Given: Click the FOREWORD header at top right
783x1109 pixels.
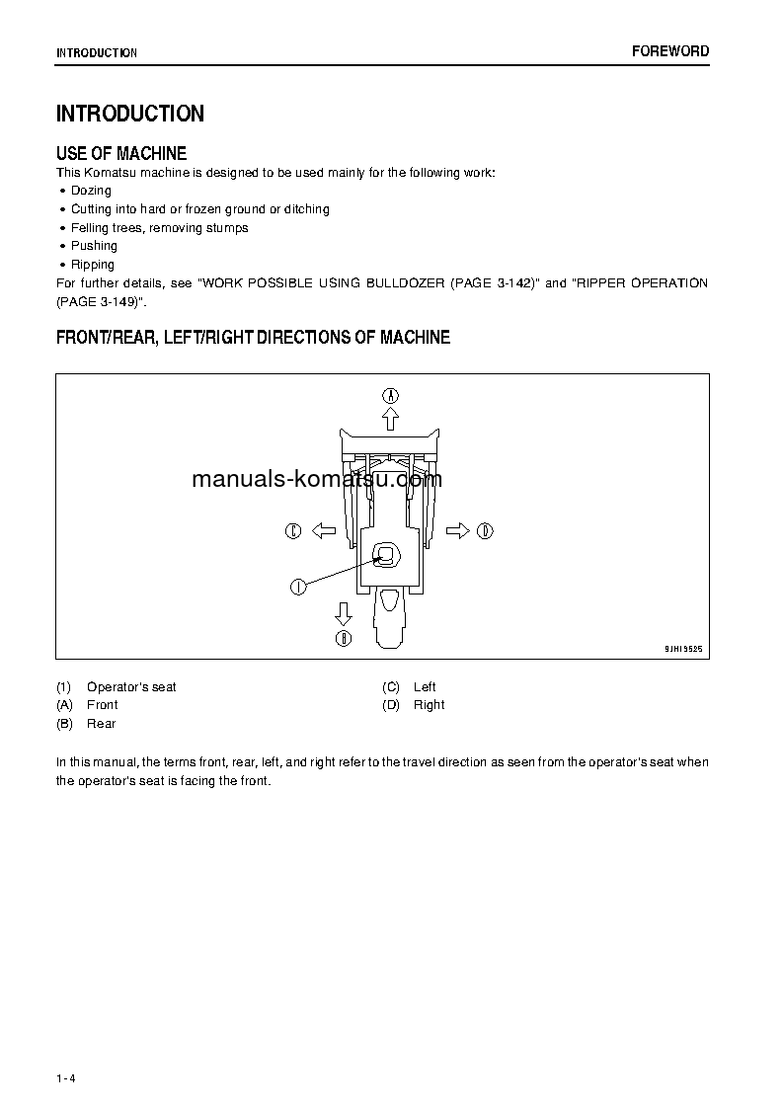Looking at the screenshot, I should [670, 51].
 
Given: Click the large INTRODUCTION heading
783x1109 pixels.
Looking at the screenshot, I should [130, 114].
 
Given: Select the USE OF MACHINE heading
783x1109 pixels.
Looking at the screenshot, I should [121, 153].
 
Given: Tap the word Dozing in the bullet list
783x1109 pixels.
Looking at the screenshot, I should [91, 191].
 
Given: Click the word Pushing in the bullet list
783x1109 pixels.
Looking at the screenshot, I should [94, 246].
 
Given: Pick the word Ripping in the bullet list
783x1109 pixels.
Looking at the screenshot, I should [93, 265].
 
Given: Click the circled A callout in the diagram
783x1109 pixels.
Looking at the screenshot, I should [391, 395].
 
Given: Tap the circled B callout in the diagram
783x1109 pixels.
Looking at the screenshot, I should [344, 638].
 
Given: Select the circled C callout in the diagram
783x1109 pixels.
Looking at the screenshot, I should [293, 531].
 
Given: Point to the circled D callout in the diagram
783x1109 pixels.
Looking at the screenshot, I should [485, 531].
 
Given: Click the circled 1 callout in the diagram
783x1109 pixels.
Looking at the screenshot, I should [296, 587].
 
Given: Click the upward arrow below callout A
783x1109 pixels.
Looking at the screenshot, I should [391, 419].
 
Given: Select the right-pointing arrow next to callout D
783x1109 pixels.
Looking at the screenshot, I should [457, 531].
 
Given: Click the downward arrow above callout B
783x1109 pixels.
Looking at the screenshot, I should [344, 613].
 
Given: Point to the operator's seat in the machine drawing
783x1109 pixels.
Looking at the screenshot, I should [387, 557].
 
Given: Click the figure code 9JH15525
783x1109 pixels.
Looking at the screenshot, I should [682, 650].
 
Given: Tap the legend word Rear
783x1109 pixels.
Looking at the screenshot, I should [101, 724].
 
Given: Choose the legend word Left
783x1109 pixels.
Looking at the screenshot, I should [425, 687].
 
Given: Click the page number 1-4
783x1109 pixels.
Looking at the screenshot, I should [66, 1077].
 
